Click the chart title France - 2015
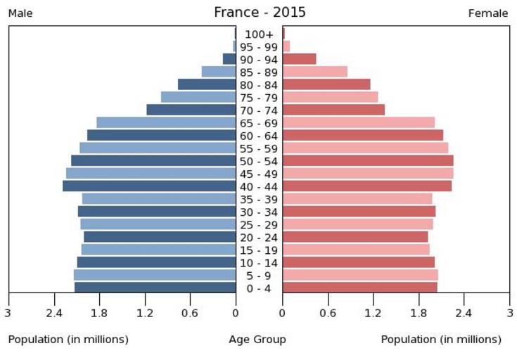coord(260,13)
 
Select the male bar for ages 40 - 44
coord(149,186)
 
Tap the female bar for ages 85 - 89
coord(315,72)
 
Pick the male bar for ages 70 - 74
coord(191,110)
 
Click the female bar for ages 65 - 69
coord(359,122)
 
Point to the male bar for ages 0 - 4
coord(155,288)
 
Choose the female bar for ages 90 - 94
coord(300,59)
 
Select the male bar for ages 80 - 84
coord(207,84)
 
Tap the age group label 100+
coord(259,34)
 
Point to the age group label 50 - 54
coord(259,161)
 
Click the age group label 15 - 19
coord(259,250)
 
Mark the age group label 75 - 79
coord(259,97)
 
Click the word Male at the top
coord(20,13)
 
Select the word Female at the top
coord(488,13)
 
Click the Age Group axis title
coord(257,340)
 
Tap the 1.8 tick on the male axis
coord(99,313)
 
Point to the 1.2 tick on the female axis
coord(374,313)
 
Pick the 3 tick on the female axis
coord(509,313)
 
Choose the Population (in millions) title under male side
coord(68,340)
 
